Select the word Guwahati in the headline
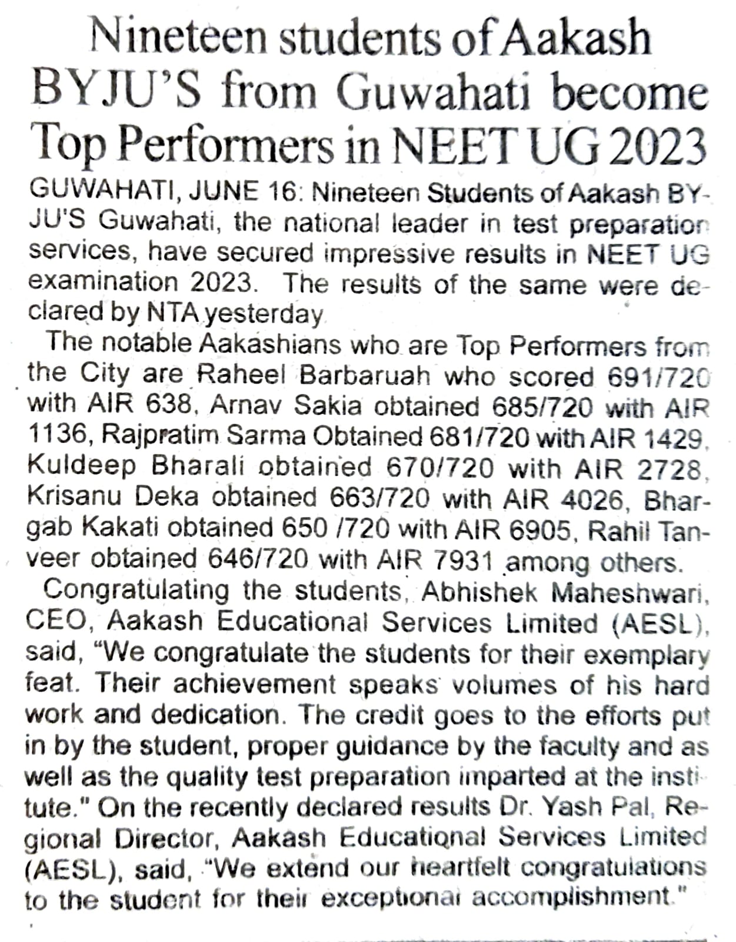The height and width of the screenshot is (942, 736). [x=434, y=92]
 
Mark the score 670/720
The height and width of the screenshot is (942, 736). [x=440, y=468]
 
